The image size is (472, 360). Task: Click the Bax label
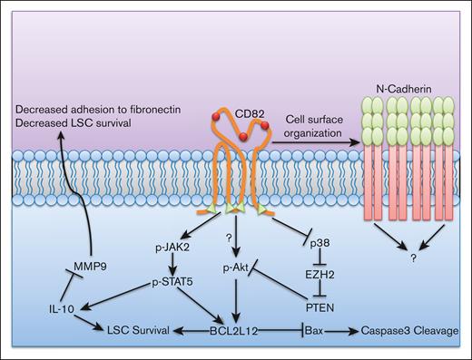(x=316, y=333)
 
